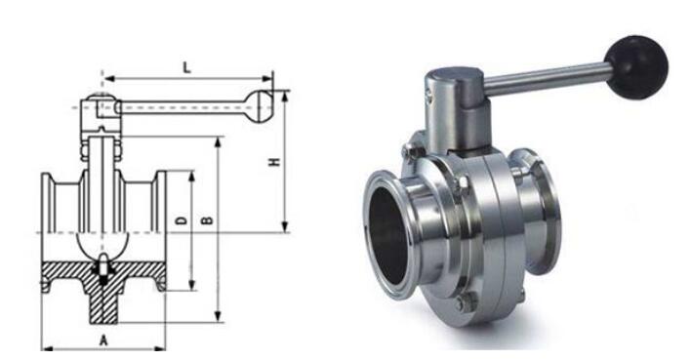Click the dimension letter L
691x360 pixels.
[187, 68]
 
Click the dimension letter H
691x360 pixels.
[275, 161]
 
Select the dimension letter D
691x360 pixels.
[182, 220]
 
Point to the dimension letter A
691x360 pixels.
[103, 340]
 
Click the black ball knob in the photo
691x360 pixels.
[636, 67]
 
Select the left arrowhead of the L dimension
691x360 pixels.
[109, 79]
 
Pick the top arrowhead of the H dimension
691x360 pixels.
[285, 97]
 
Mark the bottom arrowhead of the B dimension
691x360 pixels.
[218, 316]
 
